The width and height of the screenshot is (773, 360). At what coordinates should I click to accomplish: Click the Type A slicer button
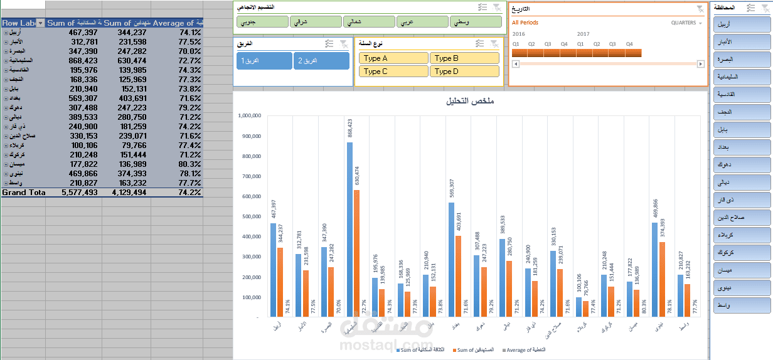(393, 58)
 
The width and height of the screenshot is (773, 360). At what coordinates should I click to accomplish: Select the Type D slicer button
(464, 71)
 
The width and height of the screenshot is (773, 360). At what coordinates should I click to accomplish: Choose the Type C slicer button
(393, 71)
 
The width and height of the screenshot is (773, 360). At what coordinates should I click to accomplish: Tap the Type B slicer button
(464, 58)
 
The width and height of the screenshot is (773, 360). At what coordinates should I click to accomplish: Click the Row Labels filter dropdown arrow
(41, 23)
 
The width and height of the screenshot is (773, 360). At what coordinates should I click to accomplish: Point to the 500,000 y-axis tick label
(250, 216)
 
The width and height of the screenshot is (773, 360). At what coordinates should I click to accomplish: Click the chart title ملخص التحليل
(469, 102)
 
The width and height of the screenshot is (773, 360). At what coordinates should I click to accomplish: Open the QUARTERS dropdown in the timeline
(687, 23)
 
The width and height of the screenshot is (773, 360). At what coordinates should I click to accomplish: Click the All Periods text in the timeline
(525, 23)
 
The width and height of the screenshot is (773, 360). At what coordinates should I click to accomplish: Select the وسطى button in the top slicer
(476, 22)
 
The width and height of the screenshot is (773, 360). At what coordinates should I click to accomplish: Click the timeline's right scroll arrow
(701, 64)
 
